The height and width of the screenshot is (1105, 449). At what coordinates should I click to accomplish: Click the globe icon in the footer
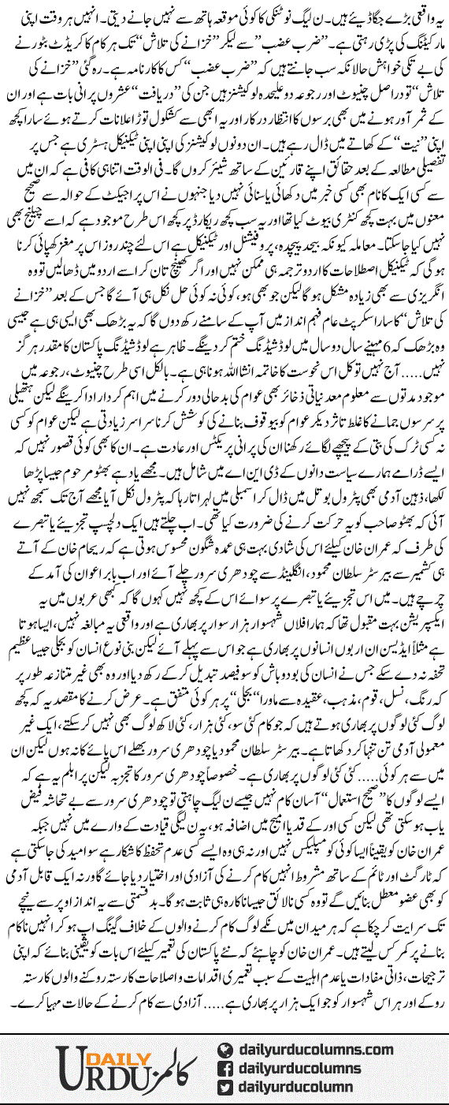point(227,1049)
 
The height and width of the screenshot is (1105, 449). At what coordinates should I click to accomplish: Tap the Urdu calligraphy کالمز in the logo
point(170,1069)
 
